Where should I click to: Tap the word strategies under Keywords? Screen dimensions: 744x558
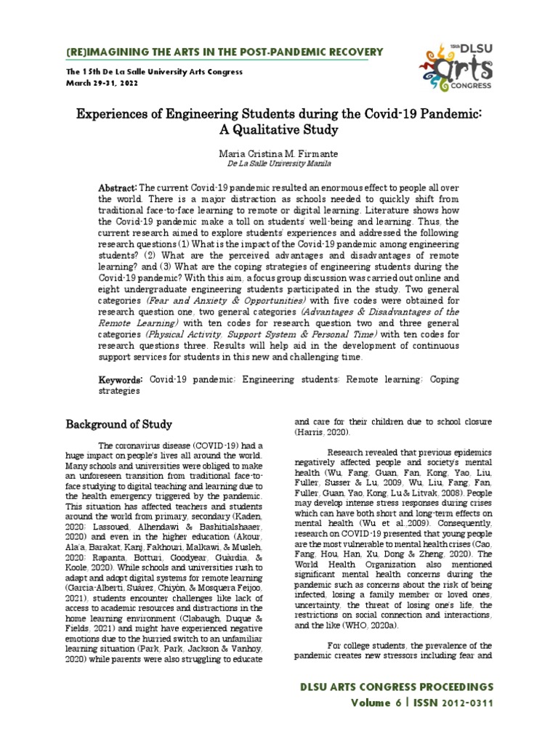pyautogui.click(x=119, y=390)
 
